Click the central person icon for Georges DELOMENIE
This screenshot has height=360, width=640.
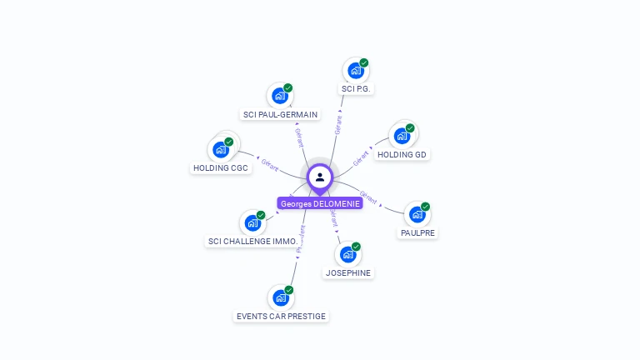[320, 177]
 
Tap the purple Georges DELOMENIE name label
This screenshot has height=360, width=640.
[320, 203]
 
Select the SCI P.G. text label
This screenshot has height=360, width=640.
[355, 88]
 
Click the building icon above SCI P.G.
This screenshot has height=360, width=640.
[356, 71]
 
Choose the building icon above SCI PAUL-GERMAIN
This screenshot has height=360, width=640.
[279, 96]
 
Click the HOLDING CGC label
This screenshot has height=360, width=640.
[221, 167]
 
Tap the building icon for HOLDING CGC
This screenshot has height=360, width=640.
[221, 149]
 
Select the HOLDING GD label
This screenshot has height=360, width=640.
[402, 154]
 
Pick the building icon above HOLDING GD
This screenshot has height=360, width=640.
[402, 136]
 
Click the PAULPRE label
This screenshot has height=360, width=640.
[417, 233]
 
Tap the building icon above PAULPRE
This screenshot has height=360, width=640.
[417, 214]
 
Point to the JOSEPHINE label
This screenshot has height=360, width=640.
[348, 272]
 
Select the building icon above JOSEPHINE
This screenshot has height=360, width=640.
[348, 254]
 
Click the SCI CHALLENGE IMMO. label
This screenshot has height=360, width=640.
[252, 242]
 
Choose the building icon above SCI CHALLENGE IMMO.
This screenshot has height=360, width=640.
[252, 222]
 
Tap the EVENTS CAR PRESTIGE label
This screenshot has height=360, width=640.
[281, 316]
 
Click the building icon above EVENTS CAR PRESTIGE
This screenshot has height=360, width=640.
[281, 297]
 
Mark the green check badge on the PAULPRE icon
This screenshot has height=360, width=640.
[425, 207]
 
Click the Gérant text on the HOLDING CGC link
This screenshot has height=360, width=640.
[269, 164]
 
